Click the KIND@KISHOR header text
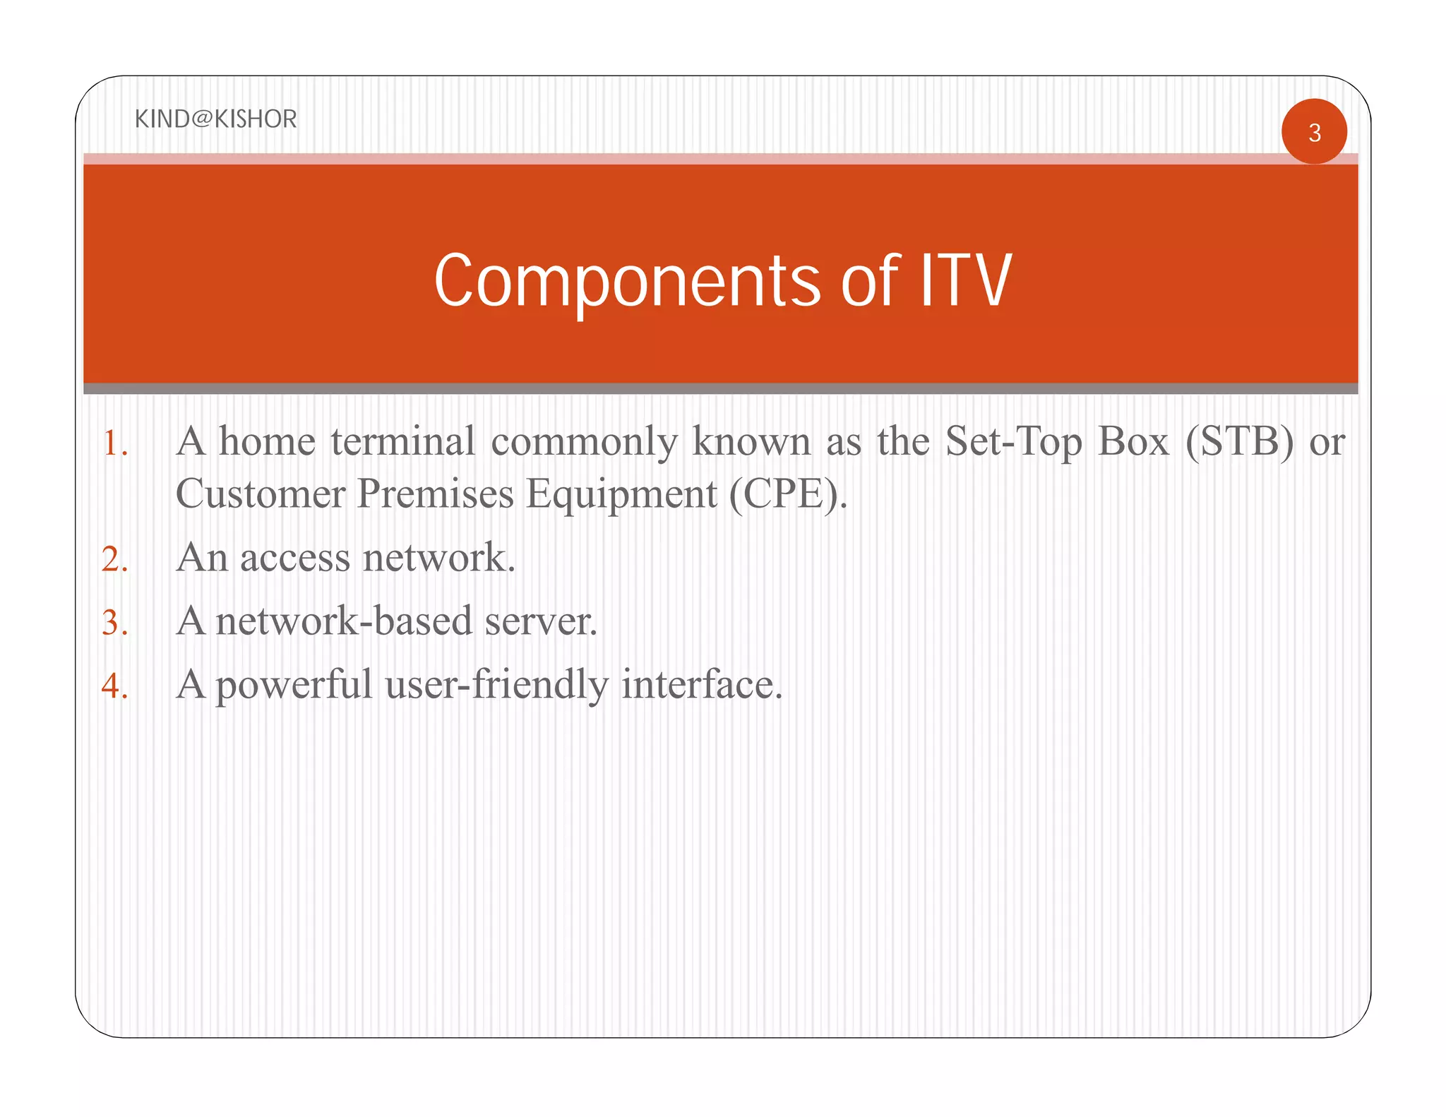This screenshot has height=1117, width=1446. tap(215, 119)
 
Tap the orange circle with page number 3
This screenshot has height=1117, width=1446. tap(1314, 132)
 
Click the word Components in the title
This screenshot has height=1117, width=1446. tap(627, 281)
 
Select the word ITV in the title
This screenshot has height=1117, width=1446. tap(965, 281)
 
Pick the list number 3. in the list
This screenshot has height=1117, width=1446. tap(115, 623)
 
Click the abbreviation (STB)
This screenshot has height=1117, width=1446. tap(1239, 442)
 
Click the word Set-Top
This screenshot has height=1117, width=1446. tap(1013, 443)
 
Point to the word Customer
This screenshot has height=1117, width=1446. tap(260, 494)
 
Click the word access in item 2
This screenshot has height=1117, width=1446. tap(295, 558)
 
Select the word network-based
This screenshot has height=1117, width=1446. tap(344, 621)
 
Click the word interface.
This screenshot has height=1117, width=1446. tap(702, 685)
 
